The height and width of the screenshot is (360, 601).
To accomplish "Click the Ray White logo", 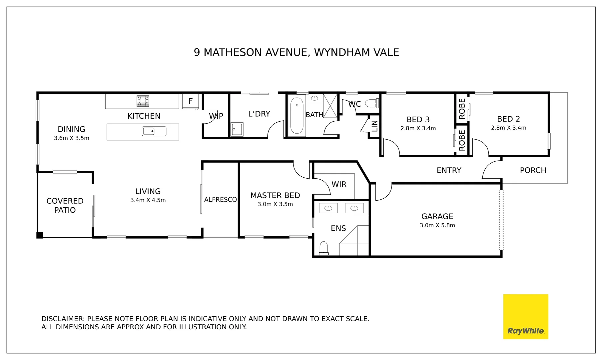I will coord(525,317).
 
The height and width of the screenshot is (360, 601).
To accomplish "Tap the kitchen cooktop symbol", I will coord(143,101).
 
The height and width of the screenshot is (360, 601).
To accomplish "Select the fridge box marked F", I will coord(191,101).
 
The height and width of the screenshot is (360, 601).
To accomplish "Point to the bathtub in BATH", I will coord(297,115).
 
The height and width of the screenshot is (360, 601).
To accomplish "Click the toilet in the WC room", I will coord(372,103).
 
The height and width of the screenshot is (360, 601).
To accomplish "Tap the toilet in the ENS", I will coord(324,248).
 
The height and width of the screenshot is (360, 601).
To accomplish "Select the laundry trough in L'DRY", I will coord(237,129).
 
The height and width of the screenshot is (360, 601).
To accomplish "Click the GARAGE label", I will coord(437,216).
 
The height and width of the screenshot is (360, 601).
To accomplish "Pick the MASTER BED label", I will coord(275,195).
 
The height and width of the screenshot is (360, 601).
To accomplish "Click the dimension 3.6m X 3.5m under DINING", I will coord(72,138).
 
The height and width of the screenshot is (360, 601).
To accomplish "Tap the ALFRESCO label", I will coord(220,200).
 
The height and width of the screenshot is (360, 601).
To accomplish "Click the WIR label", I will coord(339,184).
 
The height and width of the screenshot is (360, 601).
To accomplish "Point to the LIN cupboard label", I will coord(374,126).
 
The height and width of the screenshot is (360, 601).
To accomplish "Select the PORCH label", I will coord(533,170).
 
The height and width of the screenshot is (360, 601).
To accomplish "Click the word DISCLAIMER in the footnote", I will coord(62,319).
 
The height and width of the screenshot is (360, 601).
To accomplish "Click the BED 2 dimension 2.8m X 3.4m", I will coord(508,128).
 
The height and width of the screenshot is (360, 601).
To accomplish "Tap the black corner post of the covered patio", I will coord(40,235).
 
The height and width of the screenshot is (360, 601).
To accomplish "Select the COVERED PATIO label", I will coord(65,205).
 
